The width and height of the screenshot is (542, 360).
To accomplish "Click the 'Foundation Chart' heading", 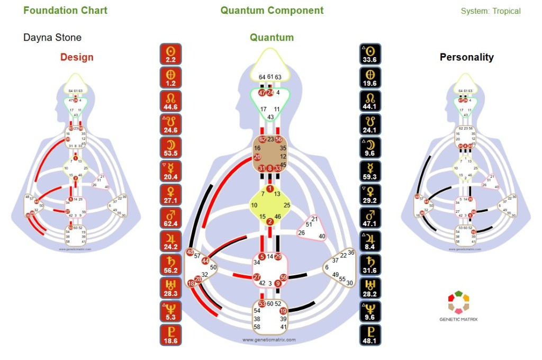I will [65, 11].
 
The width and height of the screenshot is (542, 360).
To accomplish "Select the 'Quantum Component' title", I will [272, 11].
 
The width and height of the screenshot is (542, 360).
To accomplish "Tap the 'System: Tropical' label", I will [491, 11].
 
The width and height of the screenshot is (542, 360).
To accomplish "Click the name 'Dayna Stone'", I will [52, 38].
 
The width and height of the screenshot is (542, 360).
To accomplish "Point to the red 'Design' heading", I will [77, 57].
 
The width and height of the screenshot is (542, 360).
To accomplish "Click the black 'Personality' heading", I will [467, 57].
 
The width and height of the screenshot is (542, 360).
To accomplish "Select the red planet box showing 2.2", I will [171, 55].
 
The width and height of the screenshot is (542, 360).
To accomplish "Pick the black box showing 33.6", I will [371, 55].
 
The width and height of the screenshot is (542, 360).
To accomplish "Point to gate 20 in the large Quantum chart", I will [257, 157].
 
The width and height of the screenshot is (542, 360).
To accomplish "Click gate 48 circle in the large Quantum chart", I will [190, 253].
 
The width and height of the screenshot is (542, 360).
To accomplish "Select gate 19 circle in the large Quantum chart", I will [283, 311].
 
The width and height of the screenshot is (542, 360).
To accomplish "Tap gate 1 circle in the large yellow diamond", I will [270, 189].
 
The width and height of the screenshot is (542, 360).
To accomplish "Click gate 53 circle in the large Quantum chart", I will [262, 303].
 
